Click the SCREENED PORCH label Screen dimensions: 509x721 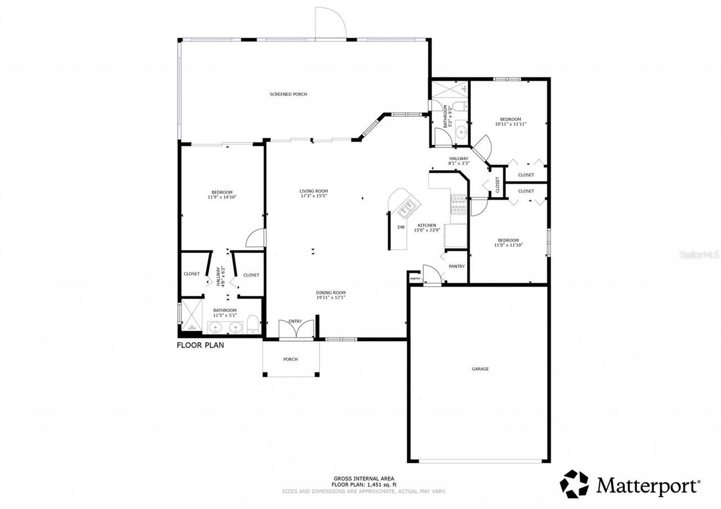(x=288, y=94)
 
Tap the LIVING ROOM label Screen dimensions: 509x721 (x=313, y=191)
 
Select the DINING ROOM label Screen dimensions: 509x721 (x=330, y=292)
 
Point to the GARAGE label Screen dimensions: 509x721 (x=480, y=369)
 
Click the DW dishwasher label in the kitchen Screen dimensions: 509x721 (x=401, y=227)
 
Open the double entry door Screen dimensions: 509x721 (x=296, y=329)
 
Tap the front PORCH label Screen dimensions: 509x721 (x=290, y=359)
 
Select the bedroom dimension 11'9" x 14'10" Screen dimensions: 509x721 (x=222, y=197)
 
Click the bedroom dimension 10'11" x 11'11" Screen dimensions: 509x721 (x=510, y=124)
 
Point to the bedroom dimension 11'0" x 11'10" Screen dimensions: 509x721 (x=508, y=245)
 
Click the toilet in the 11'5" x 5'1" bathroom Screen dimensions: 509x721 (x=252, y=324)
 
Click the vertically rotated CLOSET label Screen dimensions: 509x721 (x=497, y=184)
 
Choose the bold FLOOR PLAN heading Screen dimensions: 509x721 (x=201, y=345)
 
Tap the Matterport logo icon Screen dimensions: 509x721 (x=574, y=484)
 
